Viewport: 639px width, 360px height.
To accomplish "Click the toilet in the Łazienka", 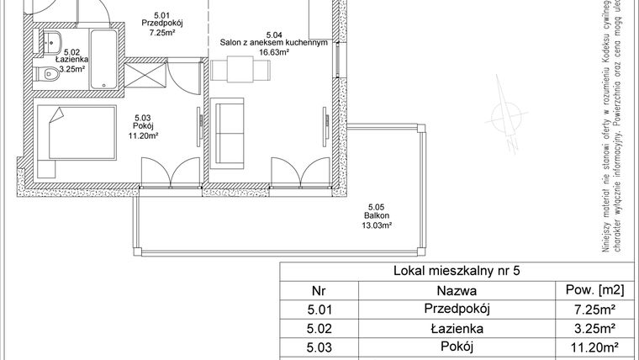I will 42,77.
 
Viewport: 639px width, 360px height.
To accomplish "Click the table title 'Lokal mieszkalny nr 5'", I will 457,272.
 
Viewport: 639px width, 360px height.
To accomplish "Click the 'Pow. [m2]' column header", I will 595,290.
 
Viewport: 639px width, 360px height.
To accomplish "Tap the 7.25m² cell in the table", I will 595,310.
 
